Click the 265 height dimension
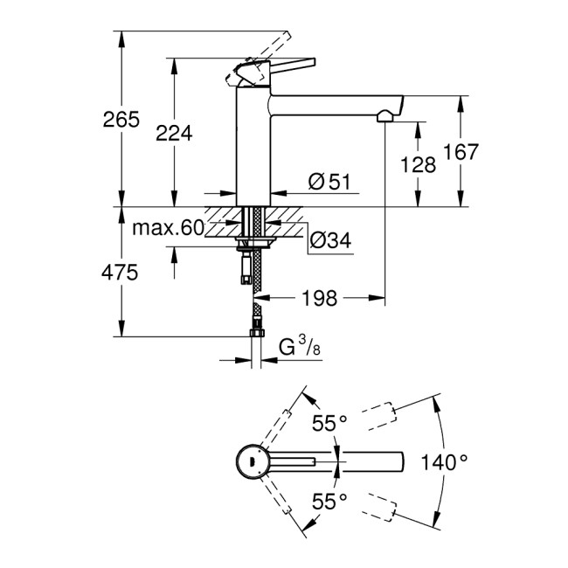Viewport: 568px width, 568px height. [121, 120]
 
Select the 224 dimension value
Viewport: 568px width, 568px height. [173, 132]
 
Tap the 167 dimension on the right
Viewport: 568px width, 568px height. [461, 152]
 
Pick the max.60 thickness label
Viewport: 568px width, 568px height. [168, 229]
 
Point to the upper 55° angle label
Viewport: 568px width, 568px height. [330, 423]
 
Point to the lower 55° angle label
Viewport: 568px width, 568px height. [330, 501]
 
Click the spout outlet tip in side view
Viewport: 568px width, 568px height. [385, 115]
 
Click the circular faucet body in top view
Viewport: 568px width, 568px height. [251, 461]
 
